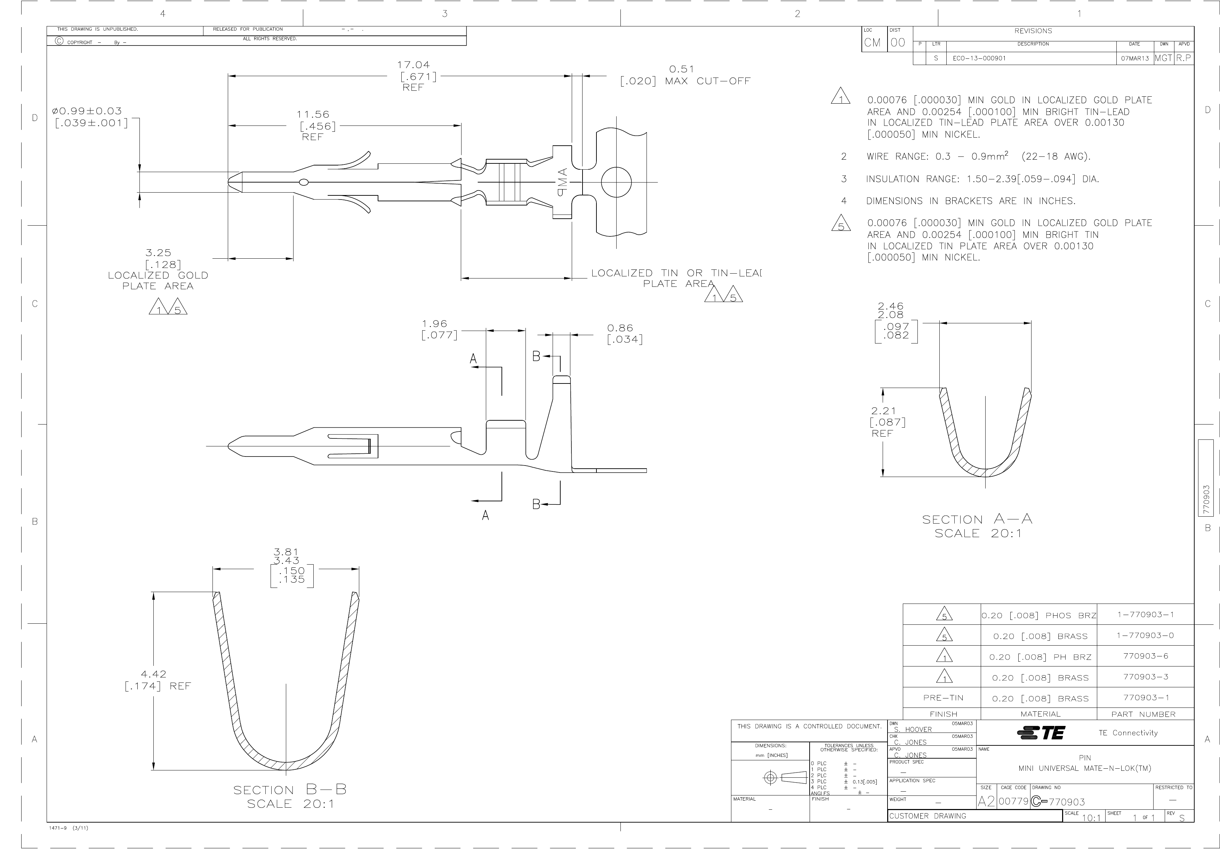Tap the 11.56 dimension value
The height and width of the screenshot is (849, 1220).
313,115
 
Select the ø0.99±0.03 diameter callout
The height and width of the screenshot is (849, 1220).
87,111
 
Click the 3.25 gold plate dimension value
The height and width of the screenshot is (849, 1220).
158,253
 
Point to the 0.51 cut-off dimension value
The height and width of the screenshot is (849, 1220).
681,69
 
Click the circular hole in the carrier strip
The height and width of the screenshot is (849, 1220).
616,182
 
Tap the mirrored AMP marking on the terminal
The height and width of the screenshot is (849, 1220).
562,182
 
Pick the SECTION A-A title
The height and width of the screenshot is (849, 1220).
977,520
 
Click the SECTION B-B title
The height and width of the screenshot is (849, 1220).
290,790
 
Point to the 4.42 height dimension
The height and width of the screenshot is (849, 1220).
154,674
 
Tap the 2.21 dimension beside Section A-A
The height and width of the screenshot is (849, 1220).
883,411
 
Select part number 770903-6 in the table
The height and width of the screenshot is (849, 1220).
1145,656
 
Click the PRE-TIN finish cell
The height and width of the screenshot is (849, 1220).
943,697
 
